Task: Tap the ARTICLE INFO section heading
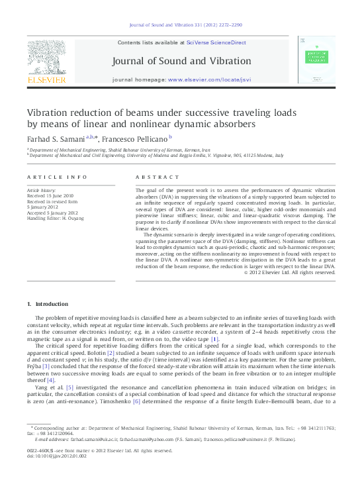(57, 177)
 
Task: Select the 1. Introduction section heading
(47, 304)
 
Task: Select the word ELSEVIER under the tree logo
(46, 79)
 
